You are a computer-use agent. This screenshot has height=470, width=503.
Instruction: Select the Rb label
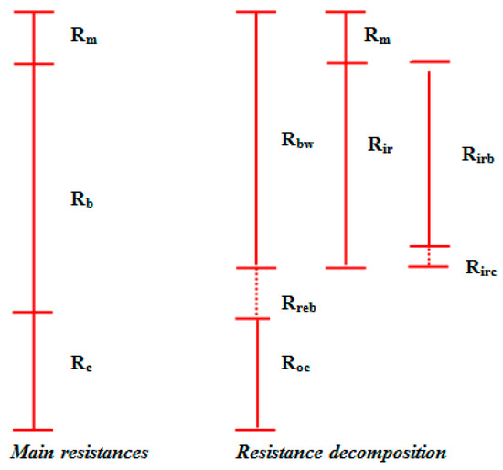(x=83, y=198)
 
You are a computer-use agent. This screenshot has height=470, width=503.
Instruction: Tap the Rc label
(x=82, y=363)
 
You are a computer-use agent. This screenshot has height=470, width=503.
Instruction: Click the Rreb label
(x=300, y=303)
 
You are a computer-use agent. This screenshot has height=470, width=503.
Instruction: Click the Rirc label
(x=480, y=268)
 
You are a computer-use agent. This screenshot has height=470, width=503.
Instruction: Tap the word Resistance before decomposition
(x=277, y=453)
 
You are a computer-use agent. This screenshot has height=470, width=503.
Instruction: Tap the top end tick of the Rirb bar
(x=429, y=62)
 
